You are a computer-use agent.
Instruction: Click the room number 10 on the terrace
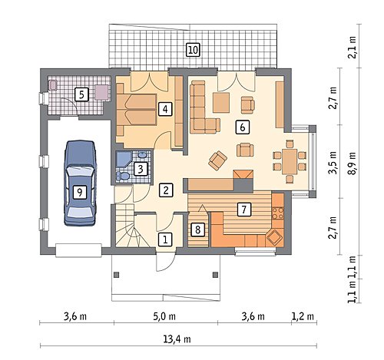(x=193, y=50)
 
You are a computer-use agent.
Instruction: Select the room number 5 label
(x=81, y=95)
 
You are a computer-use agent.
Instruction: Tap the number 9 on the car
(x=80, y=192)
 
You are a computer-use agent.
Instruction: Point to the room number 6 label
(x=243, y=127)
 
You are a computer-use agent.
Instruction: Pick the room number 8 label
(x=197, y=230)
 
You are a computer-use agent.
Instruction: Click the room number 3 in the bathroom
(x=141, y=169)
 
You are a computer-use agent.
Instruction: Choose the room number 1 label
(x=165, y=239)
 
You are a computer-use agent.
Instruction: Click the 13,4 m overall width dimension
(x=177, y=339)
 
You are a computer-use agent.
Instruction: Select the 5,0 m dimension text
(x=164, y=316)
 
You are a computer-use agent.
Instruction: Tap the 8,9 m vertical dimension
(x=353, y=163)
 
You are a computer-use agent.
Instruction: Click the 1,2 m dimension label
(x=303, y=316)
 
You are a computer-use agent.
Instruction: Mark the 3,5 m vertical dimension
(x=333, y=163)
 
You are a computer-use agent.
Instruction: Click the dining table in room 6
(x=290, y=162)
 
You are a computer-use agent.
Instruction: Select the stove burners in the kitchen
(x=278, y=213)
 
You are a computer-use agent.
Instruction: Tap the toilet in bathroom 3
(x=122, y=176)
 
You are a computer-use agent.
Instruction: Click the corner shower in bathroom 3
(x=124, y=159)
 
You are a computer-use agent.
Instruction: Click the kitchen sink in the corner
(x=274, y=237)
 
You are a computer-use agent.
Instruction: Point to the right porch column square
(x=215, y=275)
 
